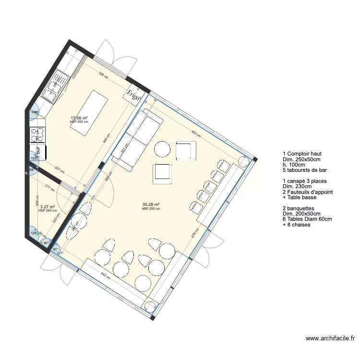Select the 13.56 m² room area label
tap(79, 118)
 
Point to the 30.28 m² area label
tap(151, 205)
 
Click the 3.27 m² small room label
tap(47, 207)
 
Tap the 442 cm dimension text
tap(105, 277)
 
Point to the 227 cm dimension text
tap(60, 168)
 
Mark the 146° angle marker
tap(34, 112)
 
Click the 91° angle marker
tap(55, 250)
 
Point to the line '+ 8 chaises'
tap(297, 224)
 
